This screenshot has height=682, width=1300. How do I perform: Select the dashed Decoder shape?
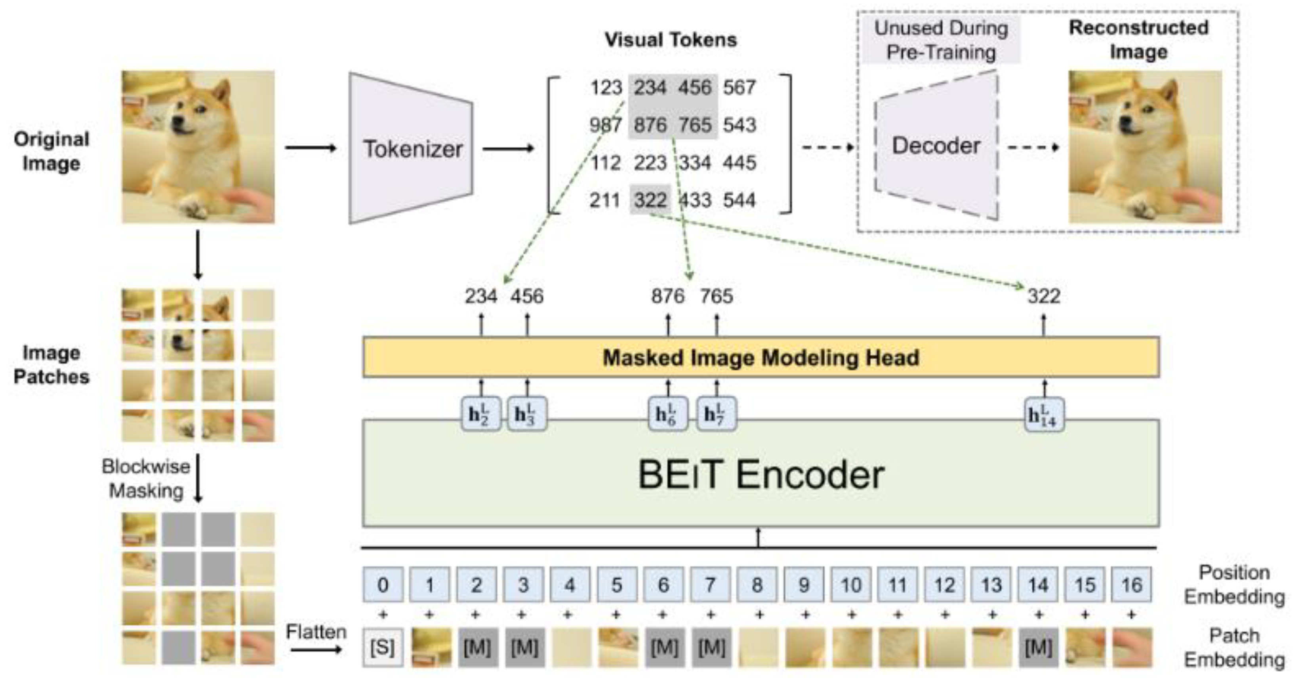pos(936,146)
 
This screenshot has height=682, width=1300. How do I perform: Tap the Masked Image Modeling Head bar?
pos(761,358)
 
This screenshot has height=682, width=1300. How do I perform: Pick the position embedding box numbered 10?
pos(850,585)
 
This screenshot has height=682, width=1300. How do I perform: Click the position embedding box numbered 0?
pos(383,585)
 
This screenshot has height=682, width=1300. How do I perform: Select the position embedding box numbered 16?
pos(1131,585)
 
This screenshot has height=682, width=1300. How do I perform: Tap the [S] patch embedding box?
pos(383,647)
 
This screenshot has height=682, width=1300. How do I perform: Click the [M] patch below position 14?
pos(1038,647)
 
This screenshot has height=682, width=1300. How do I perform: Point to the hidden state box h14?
pos(1044,415)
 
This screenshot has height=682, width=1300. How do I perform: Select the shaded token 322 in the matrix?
pos(650,200)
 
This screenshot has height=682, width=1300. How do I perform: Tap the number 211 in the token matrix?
pos(605,200)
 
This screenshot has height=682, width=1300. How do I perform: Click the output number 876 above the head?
pos(668,296)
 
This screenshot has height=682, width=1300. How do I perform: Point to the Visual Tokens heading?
pos(671,40)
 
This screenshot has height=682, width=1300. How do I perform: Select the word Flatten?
pos(316,632)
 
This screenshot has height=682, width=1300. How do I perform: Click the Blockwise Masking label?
pos(146,478)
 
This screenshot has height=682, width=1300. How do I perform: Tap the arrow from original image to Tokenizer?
pos(311,148)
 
